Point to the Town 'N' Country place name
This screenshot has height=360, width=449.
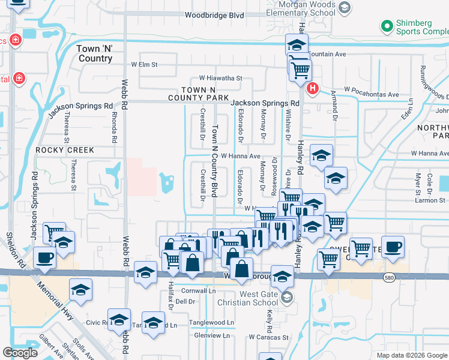(x=95, y=53)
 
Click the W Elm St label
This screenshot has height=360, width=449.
(x=144, y=64)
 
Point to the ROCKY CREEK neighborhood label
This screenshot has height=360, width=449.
(x=65, y=150)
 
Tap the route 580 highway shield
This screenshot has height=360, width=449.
(x=389, y=277)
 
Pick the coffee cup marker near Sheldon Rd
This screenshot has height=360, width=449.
(x=45, y=258)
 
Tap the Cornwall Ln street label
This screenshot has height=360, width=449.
(x=198, y=290)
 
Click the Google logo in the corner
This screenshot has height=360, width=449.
(x=20, y=353)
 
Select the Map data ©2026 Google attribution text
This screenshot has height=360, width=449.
(x=411, y=355)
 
